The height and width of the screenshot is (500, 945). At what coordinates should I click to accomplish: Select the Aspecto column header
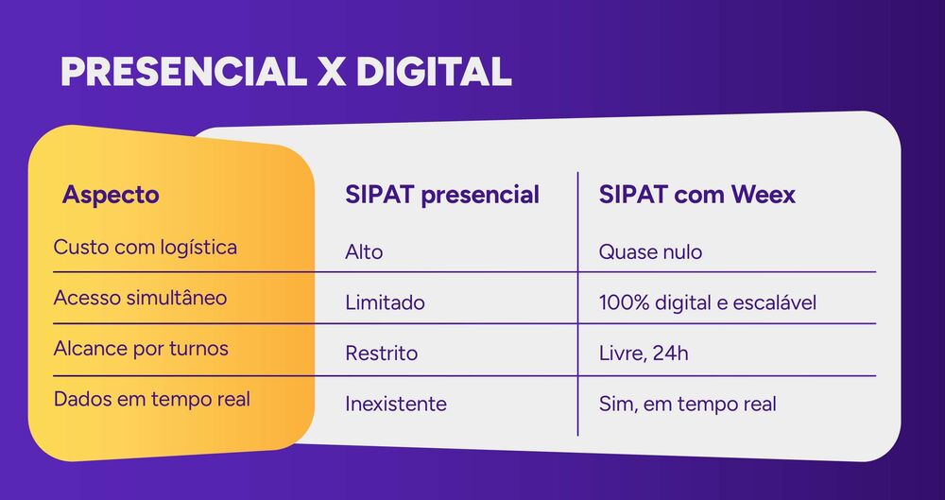coord(111,196)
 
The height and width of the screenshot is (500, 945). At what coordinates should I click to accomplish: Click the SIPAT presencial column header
coord(442,196)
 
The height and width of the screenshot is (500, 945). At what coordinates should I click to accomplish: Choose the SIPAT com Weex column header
coord(697,196)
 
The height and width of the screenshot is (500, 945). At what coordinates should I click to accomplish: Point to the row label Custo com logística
coord(146,248)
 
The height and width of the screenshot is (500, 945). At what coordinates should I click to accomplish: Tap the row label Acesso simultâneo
coord(141,298)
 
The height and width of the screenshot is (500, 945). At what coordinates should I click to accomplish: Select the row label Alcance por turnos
coord(141,348)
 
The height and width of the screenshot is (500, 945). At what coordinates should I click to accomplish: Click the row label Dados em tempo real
coord(152,399)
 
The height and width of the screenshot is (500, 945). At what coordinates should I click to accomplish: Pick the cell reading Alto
coord(364,252)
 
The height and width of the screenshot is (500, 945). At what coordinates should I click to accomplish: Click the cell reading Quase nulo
coord(650,252)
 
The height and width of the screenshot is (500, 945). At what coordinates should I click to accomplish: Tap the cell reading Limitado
coord(385,303)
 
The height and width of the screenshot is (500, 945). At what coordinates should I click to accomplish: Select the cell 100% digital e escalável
coord(708,303)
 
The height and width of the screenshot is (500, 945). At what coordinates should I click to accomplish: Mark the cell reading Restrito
coord(381,353)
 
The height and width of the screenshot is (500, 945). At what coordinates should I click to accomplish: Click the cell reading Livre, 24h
coord(644,353)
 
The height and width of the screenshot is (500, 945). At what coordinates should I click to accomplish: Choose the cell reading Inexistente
coord(396,405)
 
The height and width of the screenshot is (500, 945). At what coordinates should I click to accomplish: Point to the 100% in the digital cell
coord(620,303)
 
